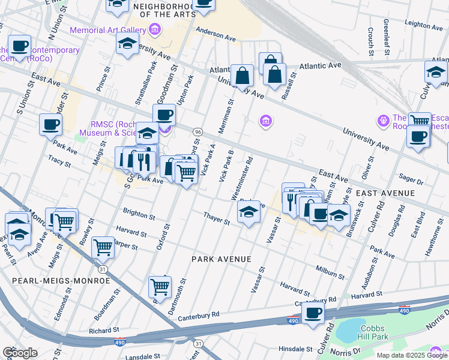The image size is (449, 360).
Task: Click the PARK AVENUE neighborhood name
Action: pyautogui.click(x=220, y=259)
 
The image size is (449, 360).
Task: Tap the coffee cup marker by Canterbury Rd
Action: pyautogui.click(x=312, y=313)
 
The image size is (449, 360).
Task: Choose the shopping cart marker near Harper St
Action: pyautogui.click(x=103, y=246)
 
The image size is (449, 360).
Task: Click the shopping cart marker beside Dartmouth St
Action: pyautogui.click(x=160, y=287)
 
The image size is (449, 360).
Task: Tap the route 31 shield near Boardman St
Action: pyautogui.click(x=103, y=269)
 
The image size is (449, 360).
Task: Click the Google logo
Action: pyautogui.click(x=20, y=353)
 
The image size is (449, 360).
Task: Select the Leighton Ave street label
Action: pyautogui.click(x=424, y=24)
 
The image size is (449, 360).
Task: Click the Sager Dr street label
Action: pyautogui.click(x=411, y=178)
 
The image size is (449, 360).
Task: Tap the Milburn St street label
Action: pyautogui.click(x=331, y=271)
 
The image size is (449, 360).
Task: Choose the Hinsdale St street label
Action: pyautogui.click(x=296, y=349)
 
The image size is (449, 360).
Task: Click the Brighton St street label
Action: pyautogui.click(x=139, y=212)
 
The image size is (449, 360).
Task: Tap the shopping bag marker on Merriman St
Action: pyautogui.click(x=243, y=77)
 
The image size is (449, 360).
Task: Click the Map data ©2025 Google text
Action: pyautogui.click(x=411, y=355)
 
